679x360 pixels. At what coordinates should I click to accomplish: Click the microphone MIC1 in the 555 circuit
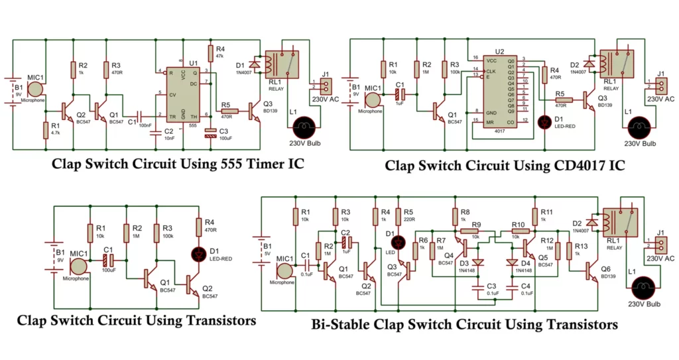coord(35,87)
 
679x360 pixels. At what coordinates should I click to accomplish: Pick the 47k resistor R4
coord(210,53)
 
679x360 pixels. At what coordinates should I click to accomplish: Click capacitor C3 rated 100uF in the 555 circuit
coord(210,135)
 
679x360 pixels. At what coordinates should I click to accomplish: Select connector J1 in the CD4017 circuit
coord(658,85)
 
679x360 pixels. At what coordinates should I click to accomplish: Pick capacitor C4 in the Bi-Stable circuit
coord(510,288)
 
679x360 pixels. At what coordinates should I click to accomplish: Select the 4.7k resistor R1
coord(45,129)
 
